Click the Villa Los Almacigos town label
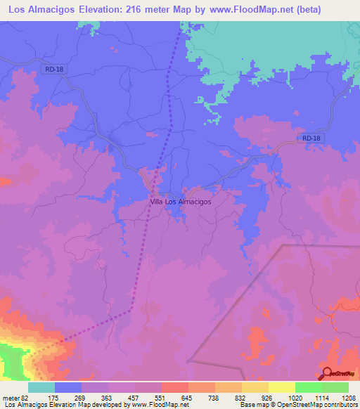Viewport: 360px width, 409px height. point(181,201)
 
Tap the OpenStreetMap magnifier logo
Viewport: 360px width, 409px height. point(327,373)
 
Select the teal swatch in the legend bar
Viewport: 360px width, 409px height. point(41,387)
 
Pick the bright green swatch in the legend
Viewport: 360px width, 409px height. point(308,387)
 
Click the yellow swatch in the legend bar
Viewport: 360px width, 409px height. point(281,387)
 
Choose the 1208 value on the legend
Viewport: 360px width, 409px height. point(340,397)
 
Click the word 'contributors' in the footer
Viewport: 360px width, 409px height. point(339,405)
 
